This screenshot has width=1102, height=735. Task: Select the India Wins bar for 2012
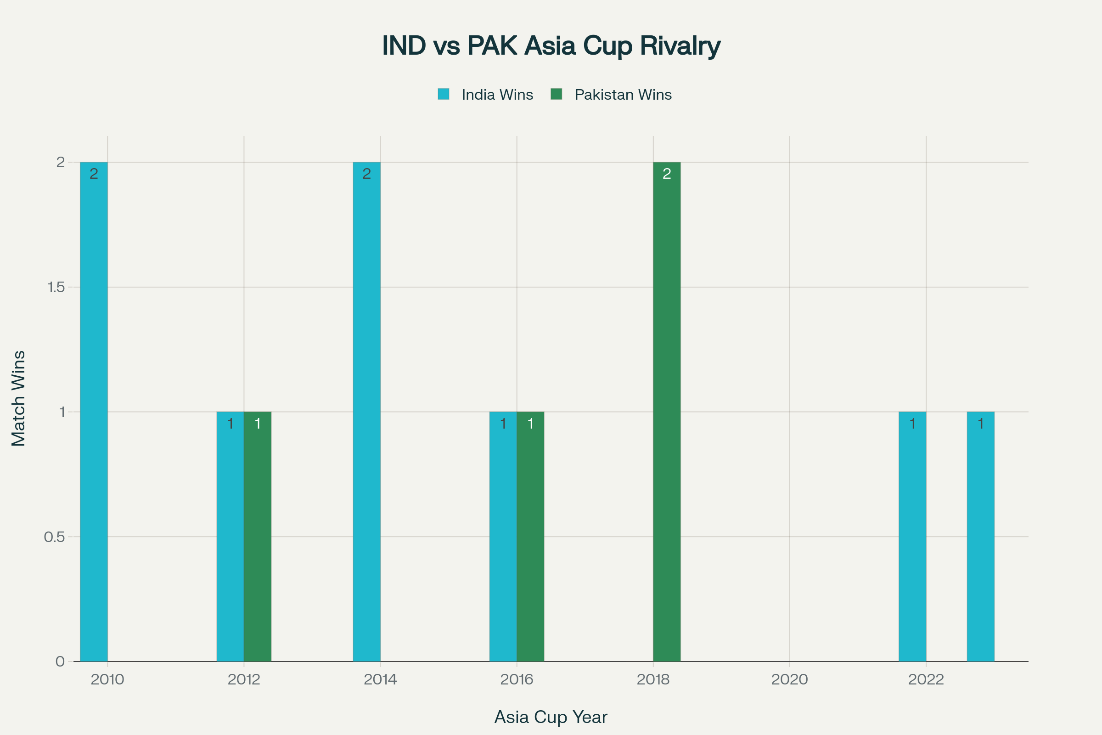pyautogui.click(x=230, y=536)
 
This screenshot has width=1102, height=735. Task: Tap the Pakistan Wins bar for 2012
pyautogui.click(x=258, y=536)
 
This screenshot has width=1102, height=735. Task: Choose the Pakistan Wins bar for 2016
pyautogui.click(x=530, y=536)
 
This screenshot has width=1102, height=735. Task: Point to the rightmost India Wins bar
pyautogui.click(x=981, y=536)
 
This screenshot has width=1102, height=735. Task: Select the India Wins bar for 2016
pyautogui.click(x=503, y=536)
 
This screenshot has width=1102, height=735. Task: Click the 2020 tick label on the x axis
pyautogui.click(x=789, y=679)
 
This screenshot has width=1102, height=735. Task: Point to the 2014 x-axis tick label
pyautogui.click(x=380, y=679)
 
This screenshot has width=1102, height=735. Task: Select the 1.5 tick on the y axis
pyautogui.click(x=56, y=287)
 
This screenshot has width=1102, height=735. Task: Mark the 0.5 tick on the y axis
pyautogui.click(x=54, y=537)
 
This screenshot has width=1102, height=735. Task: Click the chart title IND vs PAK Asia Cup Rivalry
pyautogui.click(x=551, y=45)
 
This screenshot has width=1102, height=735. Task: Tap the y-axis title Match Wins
pyautogui.click(x=19, y=398)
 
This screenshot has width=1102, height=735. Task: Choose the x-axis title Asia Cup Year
pyautogui.click(x=551, y=717)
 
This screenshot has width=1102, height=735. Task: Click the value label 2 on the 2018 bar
pyautogui.click(x=667, y=174)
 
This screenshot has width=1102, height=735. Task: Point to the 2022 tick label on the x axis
pyautogui.click(x=926, y=679)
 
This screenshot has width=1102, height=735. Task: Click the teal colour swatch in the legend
pyautogui.click(x=443, y=94)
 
